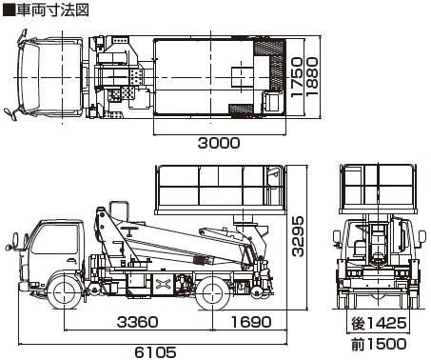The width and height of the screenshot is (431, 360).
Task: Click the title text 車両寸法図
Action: point(52,10)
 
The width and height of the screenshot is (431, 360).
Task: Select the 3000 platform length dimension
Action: point(219,143)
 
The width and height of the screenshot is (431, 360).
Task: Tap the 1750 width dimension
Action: point(297,77)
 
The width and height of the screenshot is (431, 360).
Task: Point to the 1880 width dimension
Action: point(311,77)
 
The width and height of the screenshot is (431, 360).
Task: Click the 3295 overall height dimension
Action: point(298,236)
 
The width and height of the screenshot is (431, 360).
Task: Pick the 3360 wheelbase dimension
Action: point(137,322)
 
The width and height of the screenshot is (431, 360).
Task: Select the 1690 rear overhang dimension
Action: point(251,322)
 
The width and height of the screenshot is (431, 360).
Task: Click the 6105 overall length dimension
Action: point(155,351)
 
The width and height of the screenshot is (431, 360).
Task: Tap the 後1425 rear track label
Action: point(379,324)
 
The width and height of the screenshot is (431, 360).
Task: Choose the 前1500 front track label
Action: point(379,344)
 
